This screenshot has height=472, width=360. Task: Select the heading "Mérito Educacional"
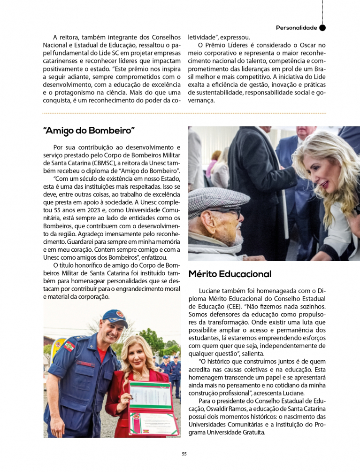230,274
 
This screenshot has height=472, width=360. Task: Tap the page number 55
184,454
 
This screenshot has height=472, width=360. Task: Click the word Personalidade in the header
296,28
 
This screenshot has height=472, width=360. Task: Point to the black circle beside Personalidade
322,28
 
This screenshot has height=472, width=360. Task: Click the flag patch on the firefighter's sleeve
69,346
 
